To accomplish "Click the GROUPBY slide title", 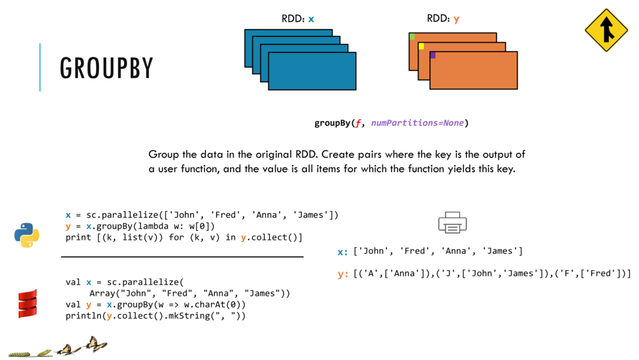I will (x=107, y=68).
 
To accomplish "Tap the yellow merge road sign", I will (x=606, y=30).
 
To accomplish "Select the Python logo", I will (x=27, y=235).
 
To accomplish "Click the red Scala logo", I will (x=27, y=304).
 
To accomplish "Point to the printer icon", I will (x=452, y=223).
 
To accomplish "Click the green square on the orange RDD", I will (x=412, y=36).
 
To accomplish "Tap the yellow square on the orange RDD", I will (x=421, y=46).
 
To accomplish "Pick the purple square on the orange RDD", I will (x=433, y=56).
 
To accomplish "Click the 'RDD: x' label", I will (x=298, y=19).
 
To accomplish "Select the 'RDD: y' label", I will (x=443, y=19).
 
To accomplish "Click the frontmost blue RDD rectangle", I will (x=312, y=71).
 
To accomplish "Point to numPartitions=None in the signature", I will (x=417, y=123).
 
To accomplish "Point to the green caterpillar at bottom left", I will (x=20, y=353).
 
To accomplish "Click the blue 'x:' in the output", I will (x=343, y=251).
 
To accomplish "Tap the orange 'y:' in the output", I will (x=343, y=274).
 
